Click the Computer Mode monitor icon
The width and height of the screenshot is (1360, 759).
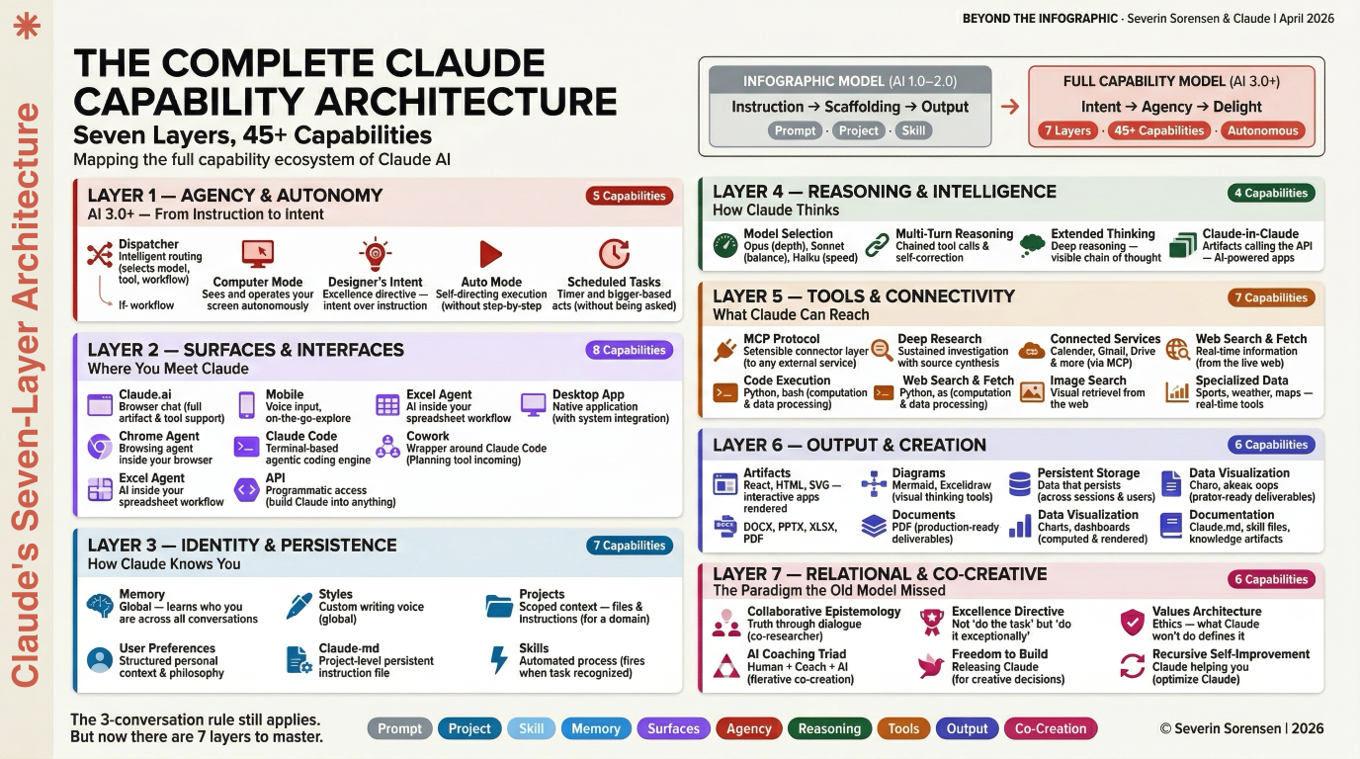[258, 254]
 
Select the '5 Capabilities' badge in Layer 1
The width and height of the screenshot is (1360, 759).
[629, 196]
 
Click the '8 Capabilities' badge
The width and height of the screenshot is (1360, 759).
[629, 350]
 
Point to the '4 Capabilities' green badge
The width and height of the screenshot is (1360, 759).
[1270, 193]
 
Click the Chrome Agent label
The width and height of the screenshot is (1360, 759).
[159, 436]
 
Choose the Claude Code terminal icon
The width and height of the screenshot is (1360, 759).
[246, 447]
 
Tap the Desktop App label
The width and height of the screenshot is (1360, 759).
[588, 394]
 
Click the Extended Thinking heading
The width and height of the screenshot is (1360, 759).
[1102, 234]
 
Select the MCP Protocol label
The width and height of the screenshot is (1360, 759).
[782, 339]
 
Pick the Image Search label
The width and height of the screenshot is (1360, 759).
[1088, 380]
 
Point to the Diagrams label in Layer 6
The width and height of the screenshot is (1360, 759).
[918, 473]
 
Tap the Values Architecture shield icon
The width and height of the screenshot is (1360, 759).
[1133, 622]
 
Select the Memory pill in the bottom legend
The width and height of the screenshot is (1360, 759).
[596, 728]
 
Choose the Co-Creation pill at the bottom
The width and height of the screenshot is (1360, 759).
[1050, 728]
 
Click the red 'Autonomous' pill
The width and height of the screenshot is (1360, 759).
[1262, 130]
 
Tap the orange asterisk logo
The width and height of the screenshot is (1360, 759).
[27, 27]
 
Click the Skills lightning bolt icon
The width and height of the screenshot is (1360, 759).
[499, 659]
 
